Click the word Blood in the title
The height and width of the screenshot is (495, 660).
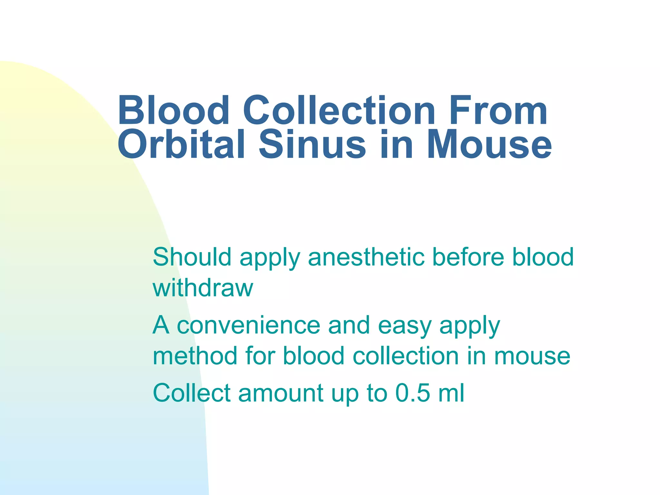(173, 110)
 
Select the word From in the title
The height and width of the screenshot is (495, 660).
(498, 110)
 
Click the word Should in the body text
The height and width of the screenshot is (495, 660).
(192, 257)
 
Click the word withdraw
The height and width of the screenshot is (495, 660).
(203, 288)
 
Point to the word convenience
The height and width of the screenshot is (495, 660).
(248, 325)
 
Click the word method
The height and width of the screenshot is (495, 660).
(195, 356)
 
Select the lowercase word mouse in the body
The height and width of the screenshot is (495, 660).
(532, 356)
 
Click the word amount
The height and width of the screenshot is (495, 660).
(281, 393)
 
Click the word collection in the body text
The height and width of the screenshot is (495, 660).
(406, 356)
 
